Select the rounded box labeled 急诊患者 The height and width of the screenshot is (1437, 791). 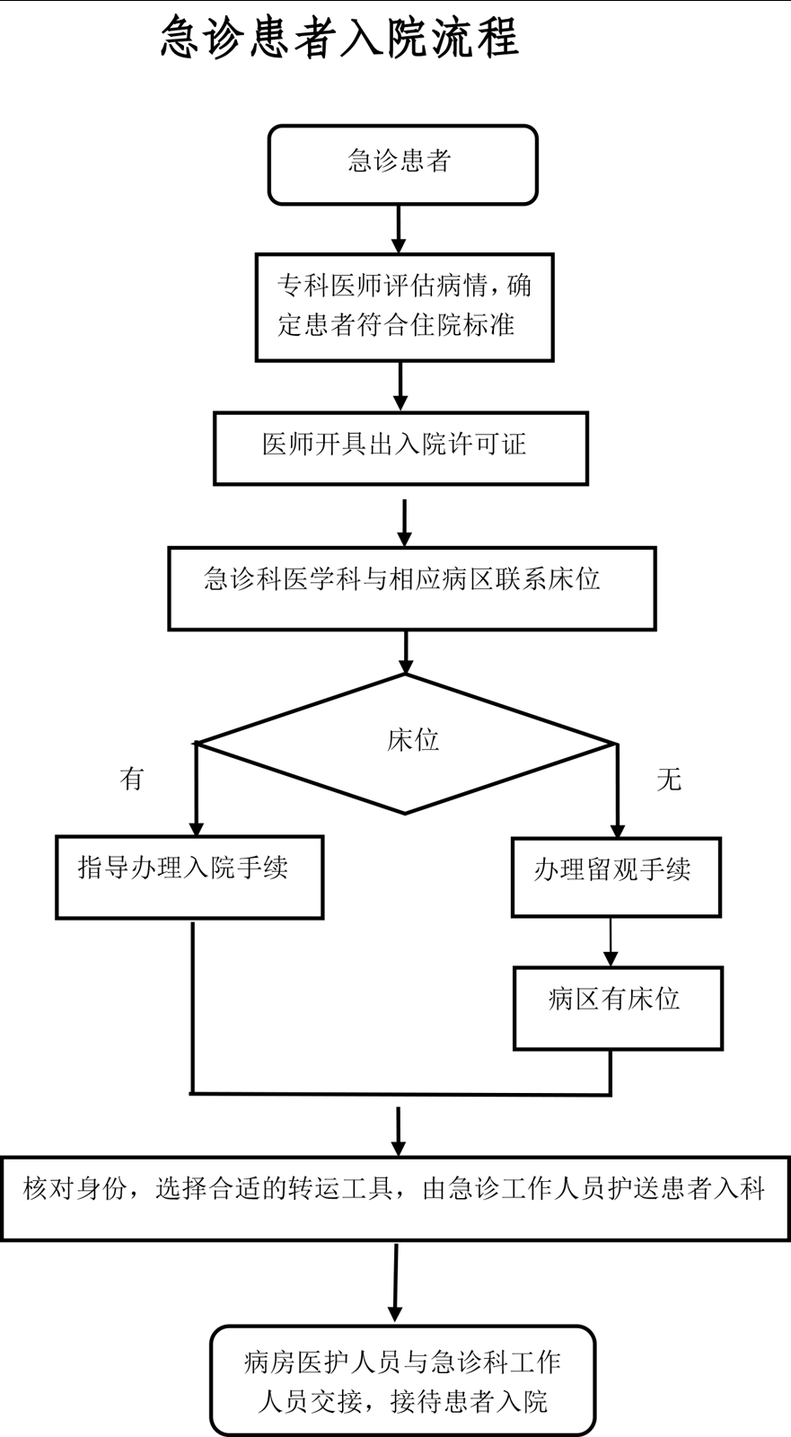click(x=402, y=164)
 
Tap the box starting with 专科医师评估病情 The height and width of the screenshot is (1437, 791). click(x=404, y=306)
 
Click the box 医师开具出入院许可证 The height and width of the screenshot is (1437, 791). click(x=400, y=447)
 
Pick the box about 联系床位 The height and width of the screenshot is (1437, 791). click(x=411, y=587)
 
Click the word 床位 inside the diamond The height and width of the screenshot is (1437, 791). click(x=413, y=740)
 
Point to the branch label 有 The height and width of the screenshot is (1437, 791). click(x=132, y=778)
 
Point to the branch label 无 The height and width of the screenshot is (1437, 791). click(x=669, y=778)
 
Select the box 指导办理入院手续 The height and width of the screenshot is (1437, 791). click(x=189, y=877)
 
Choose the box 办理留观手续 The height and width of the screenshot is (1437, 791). click(x=616, y=877)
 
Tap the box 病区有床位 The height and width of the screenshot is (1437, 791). click(x=618, y=1007)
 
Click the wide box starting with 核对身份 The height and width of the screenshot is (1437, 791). click(x=395, y=1197)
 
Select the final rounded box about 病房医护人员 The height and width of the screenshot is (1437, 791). click(x=402, y=1380)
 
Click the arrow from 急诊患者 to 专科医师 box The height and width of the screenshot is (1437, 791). click(x=400, y=229)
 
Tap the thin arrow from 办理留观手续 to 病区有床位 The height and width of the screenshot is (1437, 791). click(x=611, y=941)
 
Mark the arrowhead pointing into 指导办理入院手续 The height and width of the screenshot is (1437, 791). click(x=196, y=828)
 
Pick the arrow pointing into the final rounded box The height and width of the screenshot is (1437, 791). click(x=395, y=1284)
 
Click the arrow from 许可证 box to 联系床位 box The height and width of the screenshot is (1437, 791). click(x=405, y=523)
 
